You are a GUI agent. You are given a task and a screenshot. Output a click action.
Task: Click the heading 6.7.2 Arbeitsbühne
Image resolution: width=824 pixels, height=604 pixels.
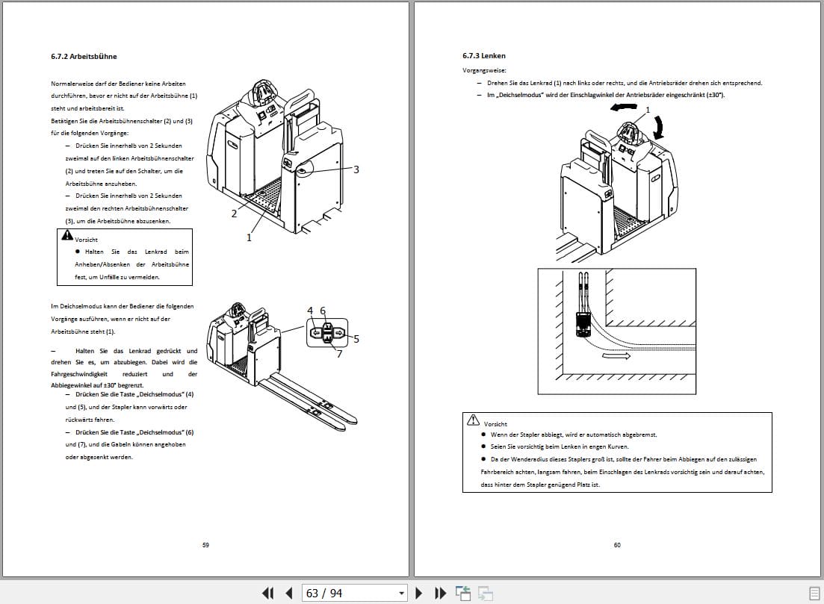pos(84,56)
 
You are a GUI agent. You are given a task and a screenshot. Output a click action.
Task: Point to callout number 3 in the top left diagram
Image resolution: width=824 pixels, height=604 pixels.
pos(356,169)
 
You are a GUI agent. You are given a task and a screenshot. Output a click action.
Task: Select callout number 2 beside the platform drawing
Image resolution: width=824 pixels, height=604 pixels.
pos(234,214)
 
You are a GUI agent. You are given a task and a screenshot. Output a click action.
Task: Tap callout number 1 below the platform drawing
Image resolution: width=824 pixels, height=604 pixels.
pos(250,237)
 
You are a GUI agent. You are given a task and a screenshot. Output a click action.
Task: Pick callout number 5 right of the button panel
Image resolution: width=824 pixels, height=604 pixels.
pos(356,339)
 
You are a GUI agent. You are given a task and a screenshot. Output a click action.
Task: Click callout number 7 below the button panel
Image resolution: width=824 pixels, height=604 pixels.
pos(339,354)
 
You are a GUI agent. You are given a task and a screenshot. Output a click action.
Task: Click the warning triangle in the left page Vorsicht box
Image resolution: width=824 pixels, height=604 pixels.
pos(66,236)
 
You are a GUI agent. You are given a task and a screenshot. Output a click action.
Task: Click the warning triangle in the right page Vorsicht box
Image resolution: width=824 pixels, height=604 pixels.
pos(472,421)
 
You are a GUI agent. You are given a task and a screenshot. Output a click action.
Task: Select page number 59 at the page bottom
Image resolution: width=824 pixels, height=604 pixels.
pos(205,545)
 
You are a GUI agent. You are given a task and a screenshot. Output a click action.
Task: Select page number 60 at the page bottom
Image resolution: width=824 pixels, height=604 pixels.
pos(617,545)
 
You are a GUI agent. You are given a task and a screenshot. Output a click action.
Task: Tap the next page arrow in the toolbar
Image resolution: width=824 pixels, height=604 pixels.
pos(419,593)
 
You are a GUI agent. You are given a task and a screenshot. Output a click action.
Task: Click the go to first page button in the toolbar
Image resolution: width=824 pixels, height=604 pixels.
pos(267,593)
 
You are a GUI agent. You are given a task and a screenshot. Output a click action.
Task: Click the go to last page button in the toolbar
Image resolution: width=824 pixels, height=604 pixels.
pos(441,593)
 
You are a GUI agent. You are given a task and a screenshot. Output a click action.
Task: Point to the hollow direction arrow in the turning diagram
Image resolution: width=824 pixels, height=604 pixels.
pos(617,357)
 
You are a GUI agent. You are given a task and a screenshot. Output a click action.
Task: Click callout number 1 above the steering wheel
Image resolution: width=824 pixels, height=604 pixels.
pos(648,109)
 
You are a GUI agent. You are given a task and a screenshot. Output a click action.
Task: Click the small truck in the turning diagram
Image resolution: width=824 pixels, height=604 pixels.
pos(583,323)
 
